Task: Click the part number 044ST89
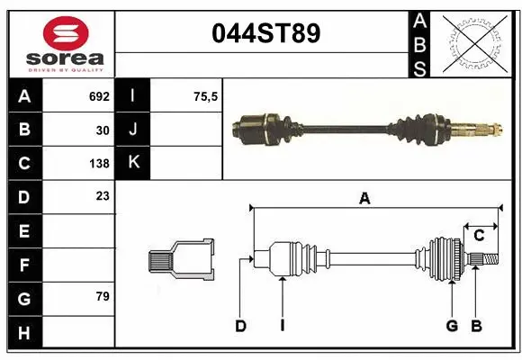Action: pos(265,34)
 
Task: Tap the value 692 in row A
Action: pos(99,95)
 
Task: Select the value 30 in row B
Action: pos(103,130)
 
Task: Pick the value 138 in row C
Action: pos(99,164)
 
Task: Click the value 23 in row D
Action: pos(103,195)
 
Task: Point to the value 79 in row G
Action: pos(103,296)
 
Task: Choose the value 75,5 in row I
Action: pos(207,95)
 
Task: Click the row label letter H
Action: pos(24,334)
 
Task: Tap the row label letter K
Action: pos(133,163)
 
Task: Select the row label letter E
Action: pos(24,231)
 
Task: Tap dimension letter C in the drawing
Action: pos(480,235)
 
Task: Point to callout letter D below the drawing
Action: pos(240,326)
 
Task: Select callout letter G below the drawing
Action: pos(452,326)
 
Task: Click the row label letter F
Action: pos(24,265)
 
